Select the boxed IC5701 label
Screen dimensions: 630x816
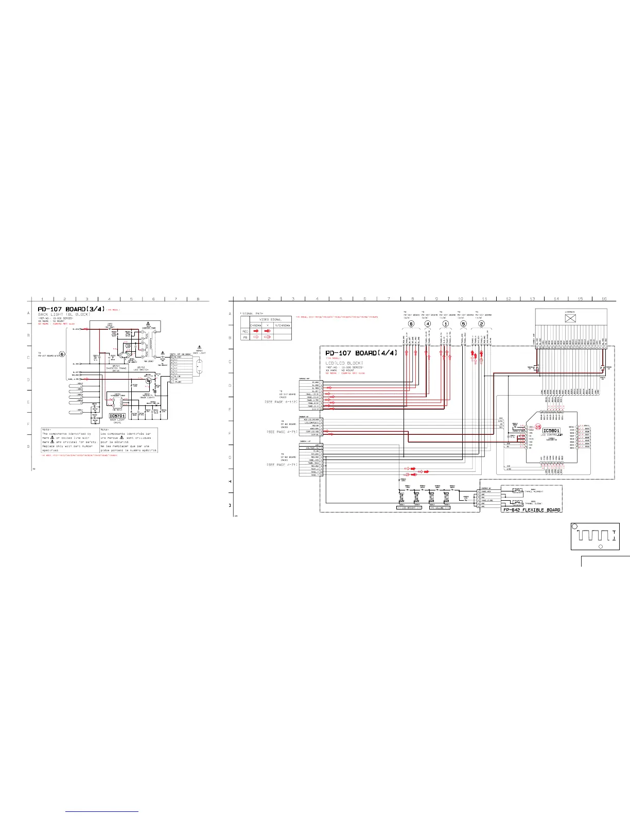(x=117, y=416)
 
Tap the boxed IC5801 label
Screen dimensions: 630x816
(x=551, y=431)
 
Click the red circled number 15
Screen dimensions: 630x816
(x=538, y=427)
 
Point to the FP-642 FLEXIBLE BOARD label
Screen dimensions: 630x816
(x=531, y=509)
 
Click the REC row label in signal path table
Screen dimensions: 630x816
(x=245, y=331)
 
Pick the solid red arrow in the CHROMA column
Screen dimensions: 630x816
(x=256, y=331)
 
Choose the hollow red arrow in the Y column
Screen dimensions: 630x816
(x=268, y=337)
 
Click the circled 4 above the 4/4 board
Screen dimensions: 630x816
(x=428, y=324)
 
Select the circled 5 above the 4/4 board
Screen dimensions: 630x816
(x=463, y=324)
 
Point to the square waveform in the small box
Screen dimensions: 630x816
(x=592, y=535)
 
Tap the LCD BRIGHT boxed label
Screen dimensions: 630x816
(x=409, y=507)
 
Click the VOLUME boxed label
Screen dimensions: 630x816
(x=439, y=507)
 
